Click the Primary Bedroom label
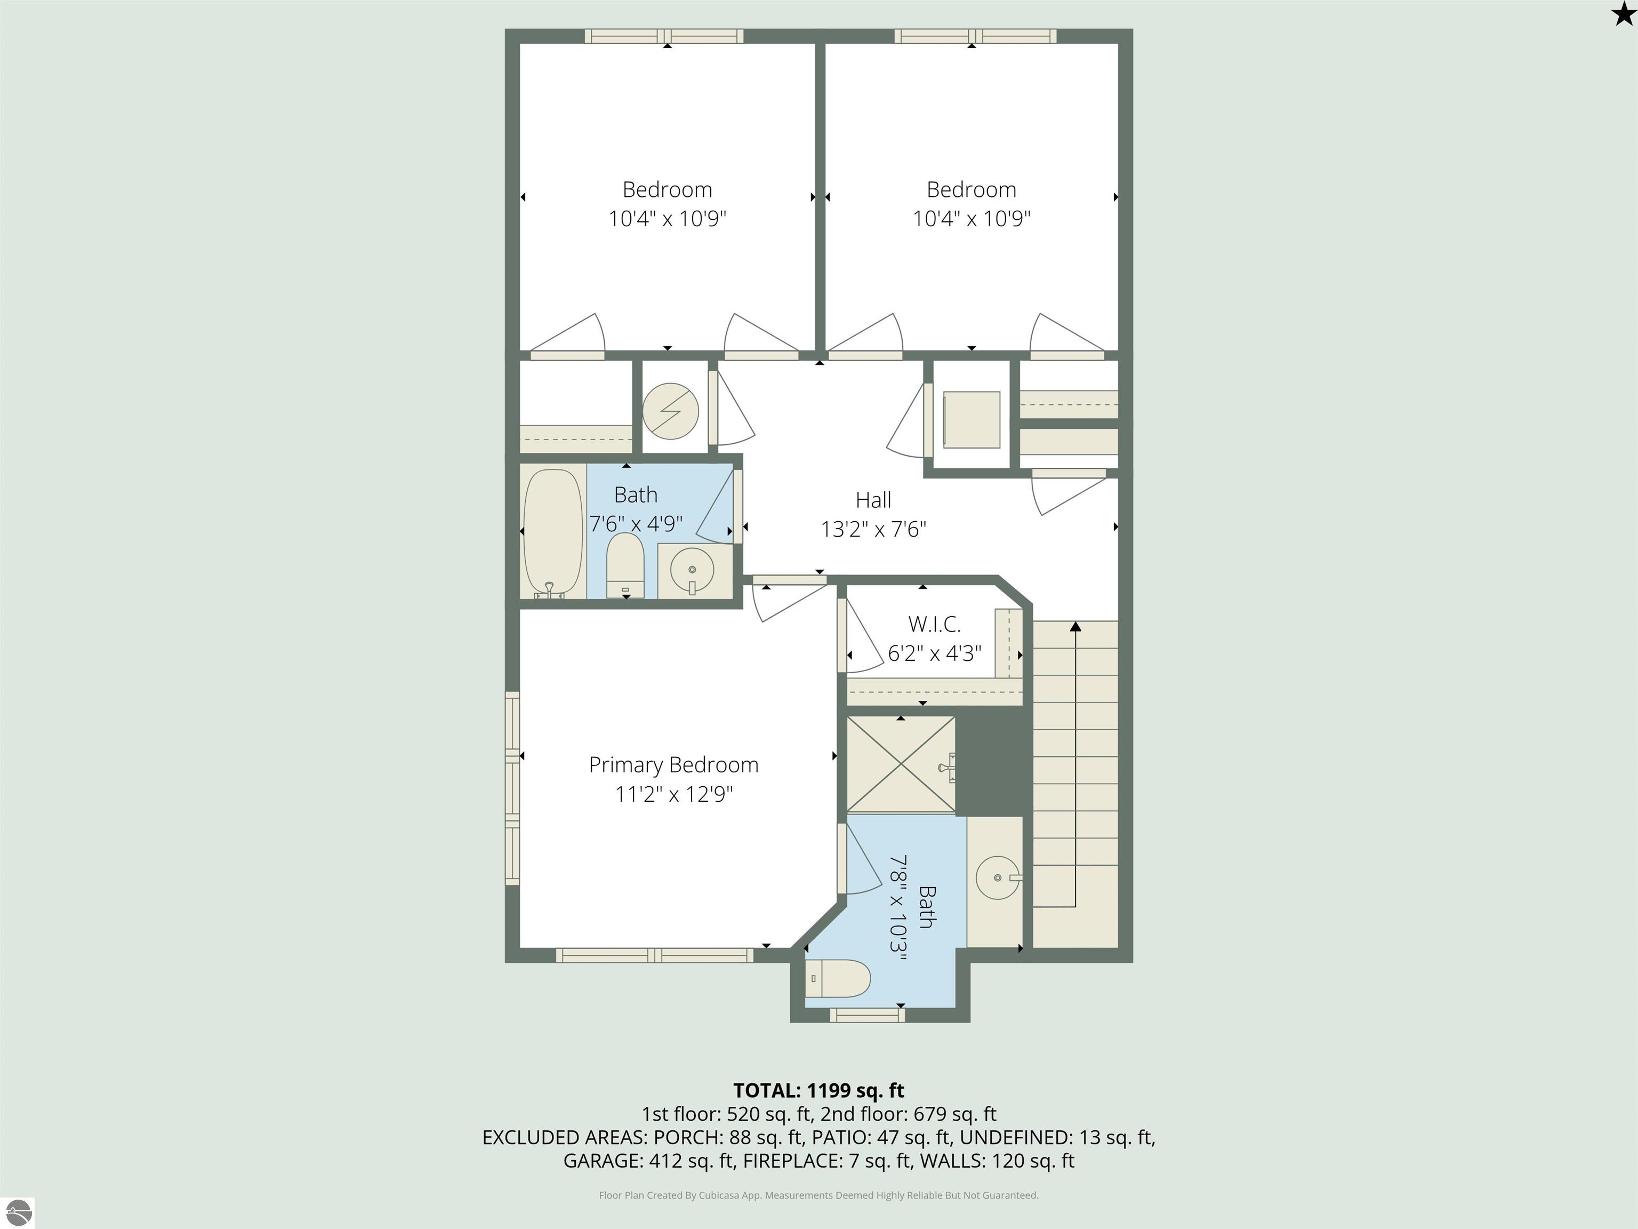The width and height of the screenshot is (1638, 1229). (673, 764)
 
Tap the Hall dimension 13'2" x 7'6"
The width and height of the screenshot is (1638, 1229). (873, 529)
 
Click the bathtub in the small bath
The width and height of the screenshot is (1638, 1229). (552, 532)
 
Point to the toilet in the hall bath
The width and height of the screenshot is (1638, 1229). (625, 565)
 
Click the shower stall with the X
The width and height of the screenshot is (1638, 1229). (901, 764)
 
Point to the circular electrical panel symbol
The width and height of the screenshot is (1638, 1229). (670, 410)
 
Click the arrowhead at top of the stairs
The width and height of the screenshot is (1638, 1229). (1075, 627)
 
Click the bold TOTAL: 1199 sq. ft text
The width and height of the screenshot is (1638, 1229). (818, 1090)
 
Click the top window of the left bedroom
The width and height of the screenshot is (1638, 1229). (664, 36)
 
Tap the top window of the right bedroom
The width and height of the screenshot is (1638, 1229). (975, 36)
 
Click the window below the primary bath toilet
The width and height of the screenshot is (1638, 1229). (867, 1015)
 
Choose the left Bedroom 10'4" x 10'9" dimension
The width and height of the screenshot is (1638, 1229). (667, 219)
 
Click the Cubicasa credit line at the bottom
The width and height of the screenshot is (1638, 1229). (818, 1195)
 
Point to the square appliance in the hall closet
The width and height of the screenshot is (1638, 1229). (971, 419)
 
